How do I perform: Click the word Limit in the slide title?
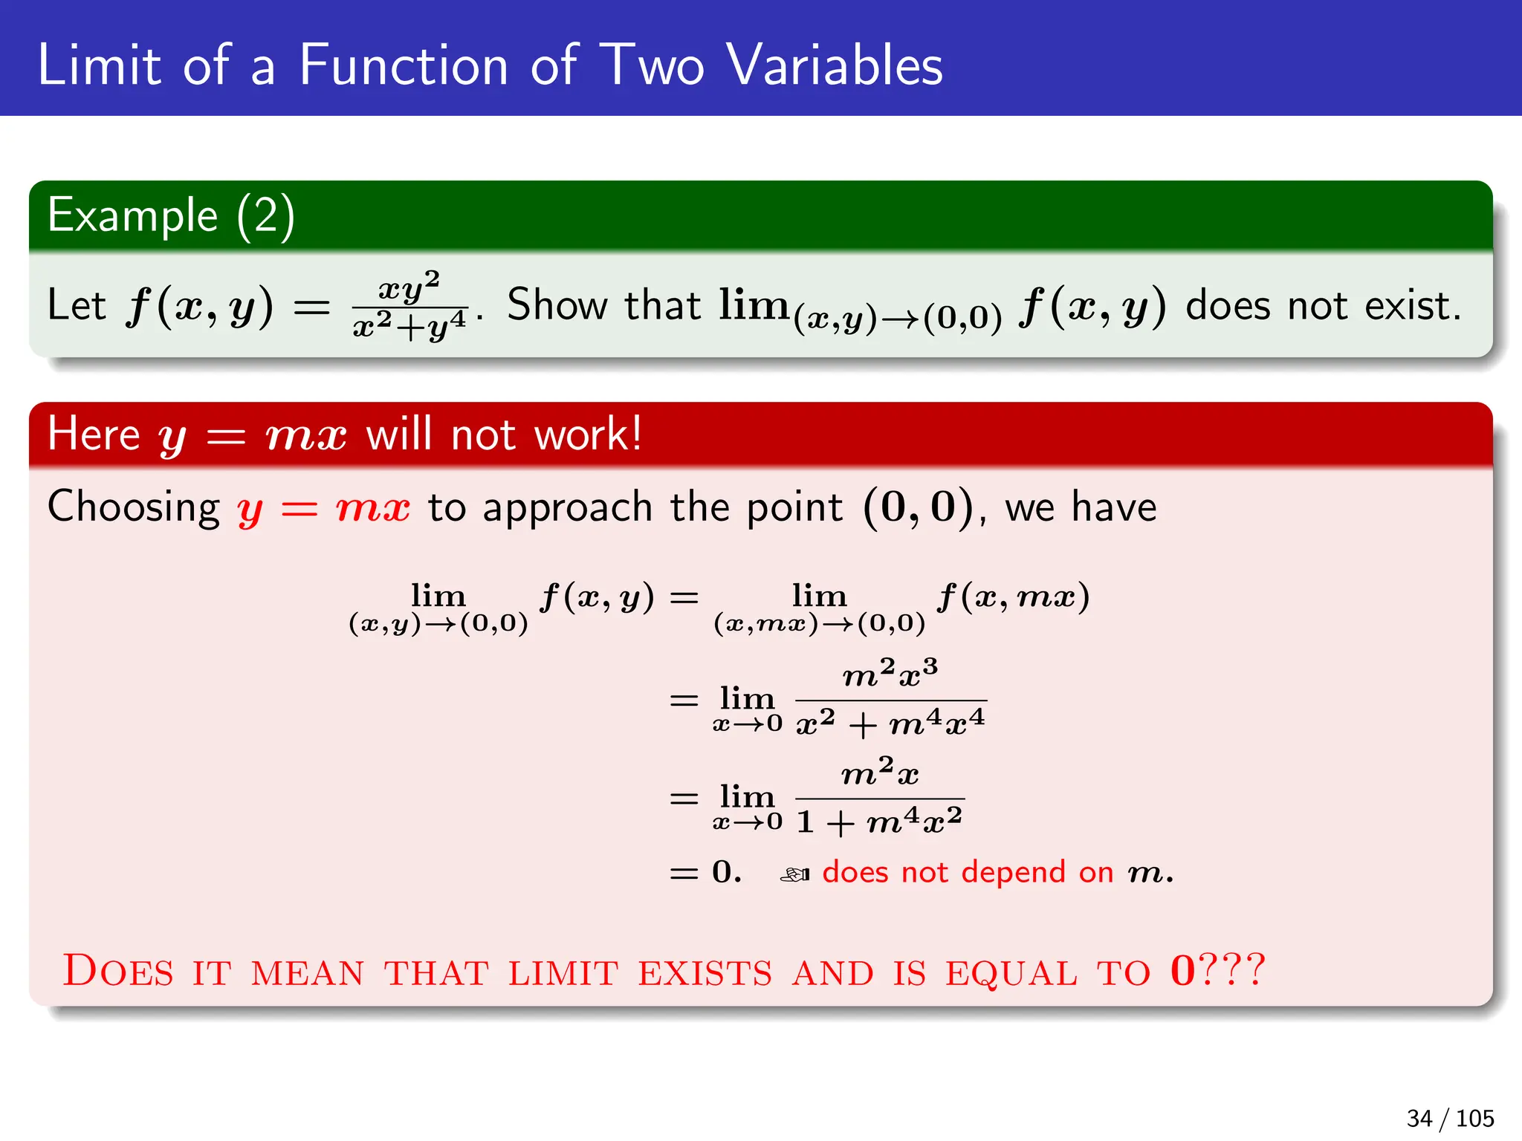pyautogui.click(x=99, y=65)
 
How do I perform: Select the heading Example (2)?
pyautogui.click(x=171, y=216)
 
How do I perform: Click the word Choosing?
pyautogui.click(x=134, y=508)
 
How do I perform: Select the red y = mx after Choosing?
pyautogui.click(x=323, y=509)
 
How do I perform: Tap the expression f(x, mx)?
pyautogui.click(x=1013, y=596)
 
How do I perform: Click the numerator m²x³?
pyautogui.click(x=890, y=673)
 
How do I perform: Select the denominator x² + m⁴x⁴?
pyautogui.click(x=890, y=723)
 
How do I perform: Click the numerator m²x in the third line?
pyautogui.click(x=880, y=773)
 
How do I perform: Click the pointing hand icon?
pyautogui.click(x=794, y=875)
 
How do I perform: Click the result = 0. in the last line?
pyautogui.click(x=706, y=872)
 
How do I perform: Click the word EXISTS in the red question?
pyautogui.click(x=705, y=973)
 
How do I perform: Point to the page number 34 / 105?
pyautogui.click(x=1449, y=1118)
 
